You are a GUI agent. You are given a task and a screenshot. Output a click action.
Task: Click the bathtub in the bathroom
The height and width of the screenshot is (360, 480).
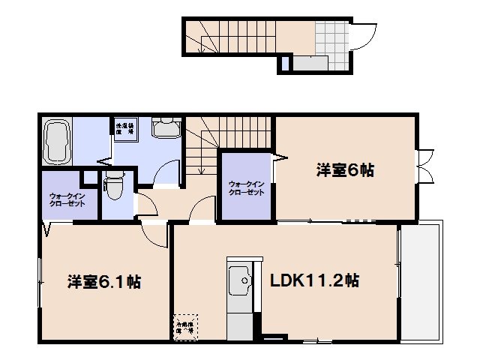click(57, 142)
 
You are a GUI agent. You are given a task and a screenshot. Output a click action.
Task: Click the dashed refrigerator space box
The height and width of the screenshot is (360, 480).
click(184, 326)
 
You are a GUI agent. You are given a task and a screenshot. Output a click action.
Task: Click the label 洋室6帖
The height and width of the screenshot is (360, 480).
click(344, 170)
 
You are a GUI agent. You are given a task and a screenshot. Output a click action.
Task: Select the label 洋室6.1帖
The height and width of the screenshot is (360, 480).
click(105, 282)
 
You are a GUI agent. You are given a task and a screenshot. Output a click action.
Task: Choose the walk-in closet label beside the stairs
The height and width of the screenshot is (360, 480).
click(246, 187)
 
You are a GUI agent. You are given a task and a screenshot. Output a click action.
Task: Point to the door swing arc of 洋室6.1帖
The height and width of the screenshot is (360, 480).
click(156, 235)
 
